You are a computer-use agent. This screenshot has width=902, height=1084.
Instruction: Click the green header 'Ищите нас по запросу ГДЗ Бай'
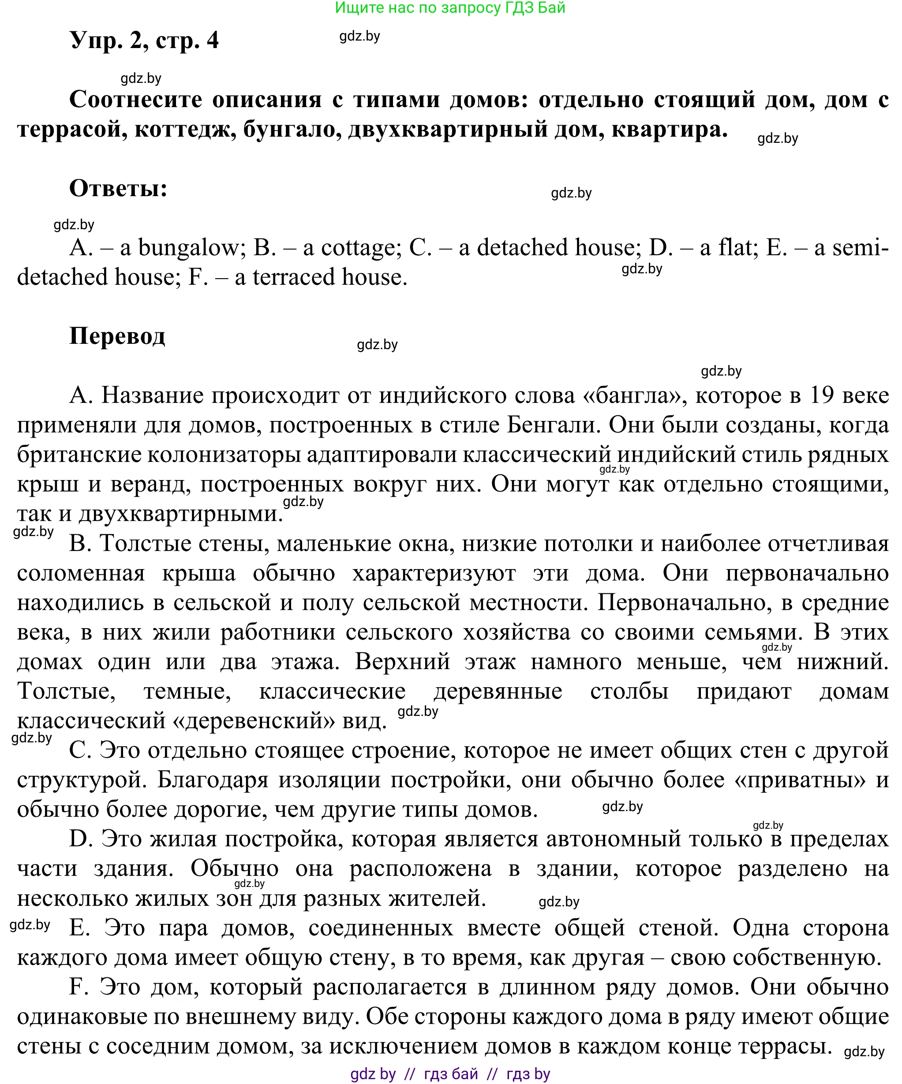pyautogui.click(x=450, y=8)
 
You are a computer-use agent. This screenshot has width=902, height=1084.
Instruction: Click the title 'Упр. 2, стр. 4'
pyautogui.click(x=144, y=40)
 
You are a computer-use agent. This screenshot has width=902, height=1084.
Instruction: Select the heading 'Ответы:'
pyautogui.click(x=118, y=188)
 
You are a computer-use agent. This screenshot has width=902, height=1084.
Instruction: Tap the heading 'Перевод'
pyautogui.click(x=117, y=336)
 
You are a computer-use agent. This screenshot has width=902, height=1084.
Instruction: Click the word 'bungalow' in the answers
pyautogui.click(x=189, y=248)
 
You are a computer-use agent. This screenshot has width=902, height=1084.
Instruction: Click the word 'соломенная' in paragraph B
pyautogui.click(x=81, y=573)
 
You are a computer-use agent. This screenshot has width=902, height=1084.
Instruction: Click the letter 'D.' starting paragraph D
pyautogui.click(x=81, y=839)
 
